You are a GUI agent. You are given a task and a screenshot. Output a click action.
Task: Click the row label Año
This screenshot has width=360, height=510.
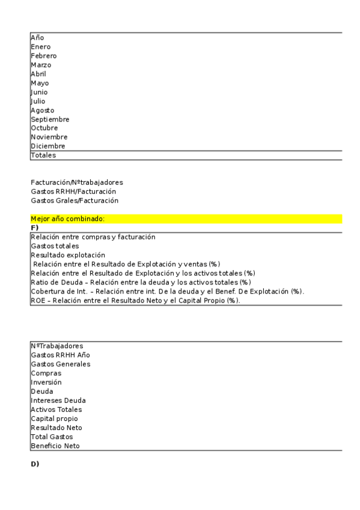pos(37,38)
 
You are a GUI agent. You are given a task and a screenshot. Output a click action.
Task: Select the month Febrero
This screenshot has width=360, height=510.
pos(44,56)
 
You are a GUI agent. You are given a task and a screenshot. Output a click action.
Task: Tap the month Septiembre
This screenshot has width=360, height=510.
pos(50,119)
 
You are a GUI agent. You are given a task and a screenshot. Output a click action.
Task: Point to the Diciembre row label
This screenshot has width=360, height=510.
pos(48,146)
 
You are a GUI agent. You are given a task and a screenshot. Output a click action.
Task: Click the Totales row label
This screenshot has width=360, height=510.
pos(43,155)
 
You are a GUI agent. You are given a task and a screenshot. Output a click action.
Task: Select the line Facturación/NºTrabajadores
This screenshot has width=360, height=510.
pos(77,182)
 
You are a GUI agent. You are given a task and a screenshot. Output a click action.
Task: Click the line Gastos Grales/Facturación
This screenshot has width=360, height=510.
pos(75,200)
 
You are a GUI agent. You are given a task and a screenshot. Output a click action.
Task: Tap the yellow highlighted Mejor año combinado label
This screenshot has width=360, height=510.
pos(67,219)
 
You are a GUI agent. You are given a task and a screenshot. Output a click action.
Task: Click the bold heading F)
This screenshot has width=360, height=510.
pos(34,227)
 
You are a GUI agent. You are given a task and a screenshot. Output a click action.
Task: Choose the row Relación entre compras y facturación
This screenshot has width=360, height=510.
pos(93,237)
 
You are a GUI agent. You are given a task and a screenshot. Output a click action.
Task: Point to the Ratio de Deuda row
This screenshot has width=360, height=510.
pos(141,282)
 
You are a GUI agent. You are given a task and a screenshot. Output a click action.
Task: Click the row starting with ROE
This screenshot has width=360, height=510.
pos(135,300)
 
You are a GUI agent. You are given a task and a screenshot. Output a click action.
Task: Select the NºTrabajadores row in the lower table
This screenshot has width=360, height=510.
pos(57,346)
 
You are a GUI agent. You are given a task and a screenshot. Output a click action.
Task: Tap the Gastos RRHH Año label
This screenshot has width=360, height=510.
pos(60,355)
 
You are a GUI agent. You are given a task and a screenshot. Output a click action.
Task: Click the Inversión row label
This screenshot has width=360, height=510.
pos(46,382)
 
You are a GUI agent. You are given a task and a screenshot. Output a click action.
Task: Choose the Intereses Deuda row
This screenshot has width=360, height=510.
pos(58,401)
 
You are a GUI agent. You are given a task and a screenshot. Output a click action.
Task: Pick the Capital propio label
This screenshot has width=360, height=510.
pos(54,419)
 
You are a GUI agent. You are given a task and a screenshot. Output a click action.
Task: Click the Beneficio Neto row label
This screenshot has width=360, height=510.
pos(55,446)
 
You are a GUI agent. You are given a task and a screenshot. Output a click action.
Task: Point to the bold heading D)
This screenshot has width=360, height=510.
pos(35,464)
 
